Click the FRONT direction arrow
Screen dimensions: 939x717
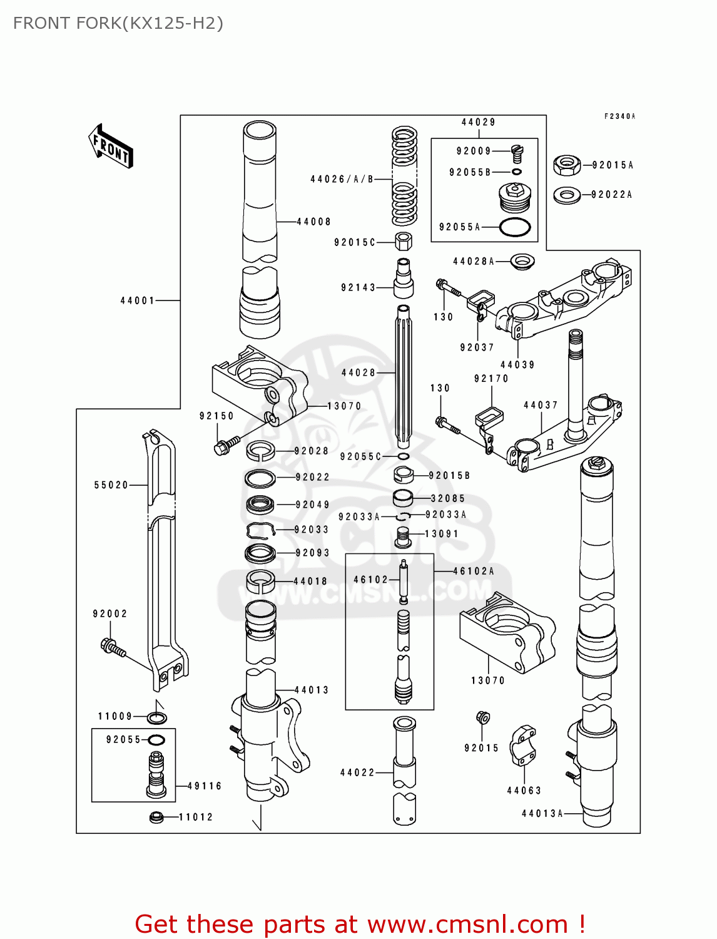111,146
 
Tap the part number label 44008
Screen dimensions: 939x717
313,222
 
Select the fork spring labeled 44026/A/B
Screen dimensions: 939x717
404,177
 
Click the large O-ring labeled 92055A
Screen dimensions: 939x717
515,227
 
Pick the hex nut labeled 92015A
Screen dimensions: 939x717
567,165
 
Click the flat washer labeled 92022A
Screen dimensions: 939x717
567,195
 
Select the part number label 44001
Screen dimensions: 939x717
138,300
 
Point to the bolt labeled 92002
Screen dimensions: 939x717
113,647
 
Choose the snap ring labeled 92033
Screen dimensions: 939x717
261,530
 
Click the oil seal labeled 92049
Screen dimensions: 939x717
260,504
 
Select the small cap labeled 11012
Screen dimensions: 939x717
156,817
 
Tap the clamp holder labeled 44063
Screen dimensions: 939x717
522,746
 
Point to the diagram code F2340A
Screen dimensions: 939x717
619,116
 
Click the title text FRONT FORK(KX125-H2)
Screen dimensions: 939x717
118,23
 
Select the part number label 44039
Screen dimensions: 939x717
517,365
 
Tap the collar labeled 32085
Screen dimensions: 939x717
403,498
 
